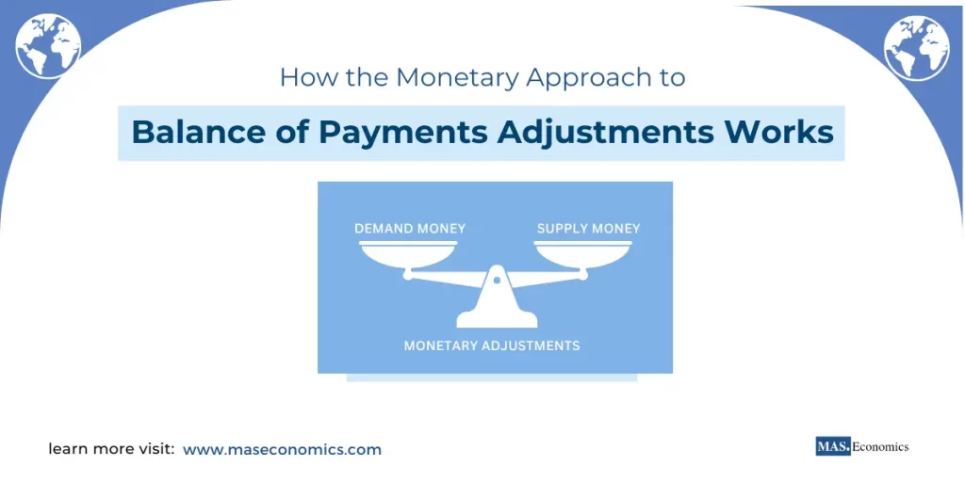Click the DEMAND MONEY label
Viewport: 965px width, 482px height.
coord(409,229)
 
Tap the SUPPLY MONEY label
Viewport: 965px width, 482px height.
coord(588,229)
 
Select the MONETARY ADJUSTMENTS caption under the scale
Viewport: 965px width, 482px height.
coord(491,345)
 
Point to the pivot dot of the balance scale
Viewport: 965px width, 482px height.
coord(497,280)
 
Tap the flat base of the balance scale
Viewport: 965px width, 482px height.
coord(496,320)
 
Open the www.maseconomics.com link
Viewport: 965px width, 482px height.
coord(282,450)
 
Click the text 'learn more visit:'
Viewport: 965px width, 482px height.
coord(111,450)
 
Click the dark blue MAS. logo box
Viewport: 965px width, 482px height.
coord(833,446)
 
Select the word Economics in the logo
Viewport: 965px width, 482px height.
coord(880,446)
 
